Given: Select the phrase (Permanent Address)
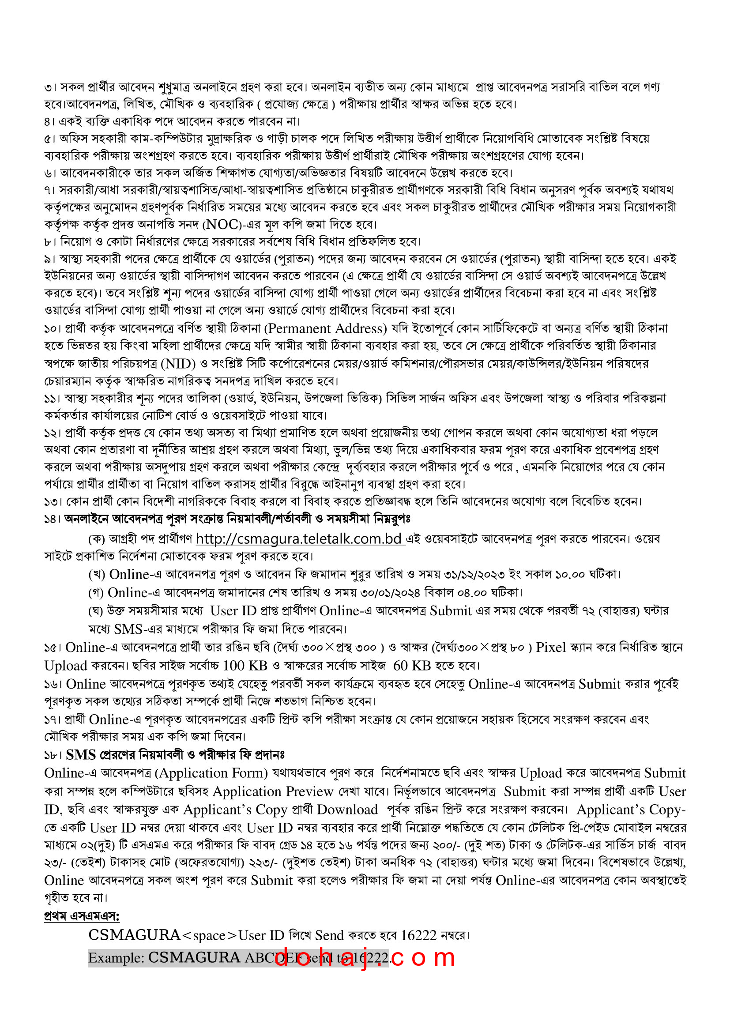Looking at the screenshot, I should (326, 328).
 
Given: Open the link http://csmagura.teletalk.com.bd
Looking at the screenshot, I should (300, 539).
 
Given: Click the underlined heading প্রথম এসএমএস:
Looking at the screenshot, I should (82, 916).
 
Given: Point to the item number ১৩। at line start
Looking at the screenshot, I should (53, 501).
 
